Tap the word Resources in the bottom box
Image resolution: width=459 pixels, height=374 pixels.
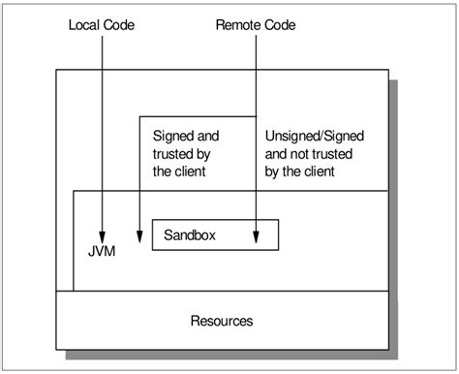coord(223,319)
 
